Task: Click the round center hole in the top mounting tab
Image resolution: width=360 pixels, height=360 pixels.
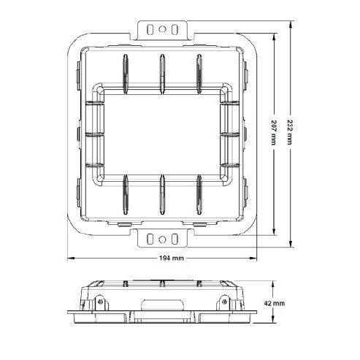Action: coord(164,29)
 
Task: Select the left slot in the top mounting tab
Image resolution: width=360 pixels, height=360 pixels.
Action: coord(151,30)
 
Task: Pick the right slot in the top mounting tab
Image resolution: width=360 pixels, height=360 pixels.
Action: coord(176,30)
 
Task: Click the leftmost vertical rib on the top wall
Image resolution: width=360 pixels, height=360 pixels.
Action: coord(125,71)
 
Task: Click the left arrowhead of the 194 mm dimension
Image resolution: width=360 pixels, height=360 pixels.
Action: coord(71,257)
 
